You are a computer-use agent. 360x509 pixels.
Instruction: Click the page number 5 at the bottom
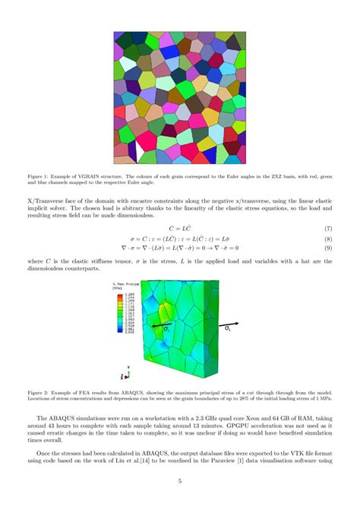pos(180,481)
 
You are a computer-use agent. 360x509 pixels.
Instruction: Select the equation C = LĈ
pos(180,228)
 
